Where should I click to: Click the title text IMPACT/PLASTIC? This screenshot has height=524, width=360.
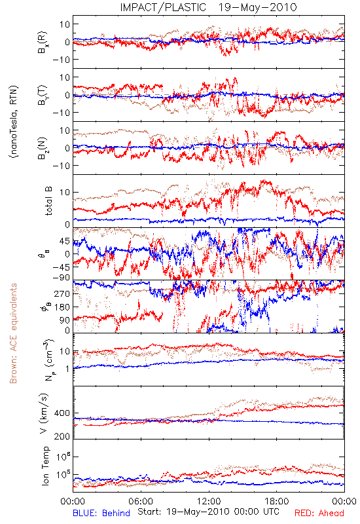(x=163, y=7)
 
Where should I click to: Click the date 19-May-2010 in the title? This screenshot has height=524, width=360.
(x=258, y=7)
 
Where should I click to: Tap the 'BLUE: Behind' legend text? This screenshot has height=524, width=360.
(x=101, y=513)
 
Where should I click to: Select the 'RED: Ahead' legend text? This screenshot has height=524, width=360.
(x=319, y=513)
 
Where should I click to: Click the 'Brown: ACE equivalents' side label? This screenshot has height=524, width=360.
(x=13, y=333)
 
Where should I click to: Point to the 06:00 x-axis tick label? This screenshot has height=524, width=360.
(x=141, y=501)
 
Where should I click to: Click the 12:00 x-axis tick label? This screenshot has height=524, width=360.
(x=209, y=501)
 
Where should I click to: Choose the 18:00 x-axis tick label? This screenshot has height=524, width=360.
(x=277, y=501)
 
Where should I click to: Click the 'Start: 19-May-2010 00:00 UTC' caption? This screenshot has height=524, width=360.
(x=208, y=512)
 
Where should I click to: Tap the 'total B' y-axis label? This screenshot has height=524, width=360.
(x=48, y=201)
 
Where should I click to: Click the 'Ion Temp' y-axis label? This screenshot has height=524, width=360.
(x=46, y=466)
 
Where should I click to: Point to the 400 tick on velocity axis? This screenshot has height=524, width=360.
(x=62, y=413)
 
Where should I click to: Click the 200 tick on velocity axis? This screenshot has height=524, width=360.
(x=62, y=436)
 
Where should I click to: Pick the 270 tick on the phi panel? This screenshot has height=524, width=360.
(x=62, y=293)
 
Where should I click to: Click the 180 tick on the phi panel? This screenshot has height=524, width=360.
(x=62, y=307)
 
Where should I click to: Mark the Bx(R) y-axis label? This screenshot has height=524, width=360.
(x=43, y=42)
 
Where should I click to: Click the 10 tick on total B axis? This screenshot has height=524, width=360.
(x=65, y=192)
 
